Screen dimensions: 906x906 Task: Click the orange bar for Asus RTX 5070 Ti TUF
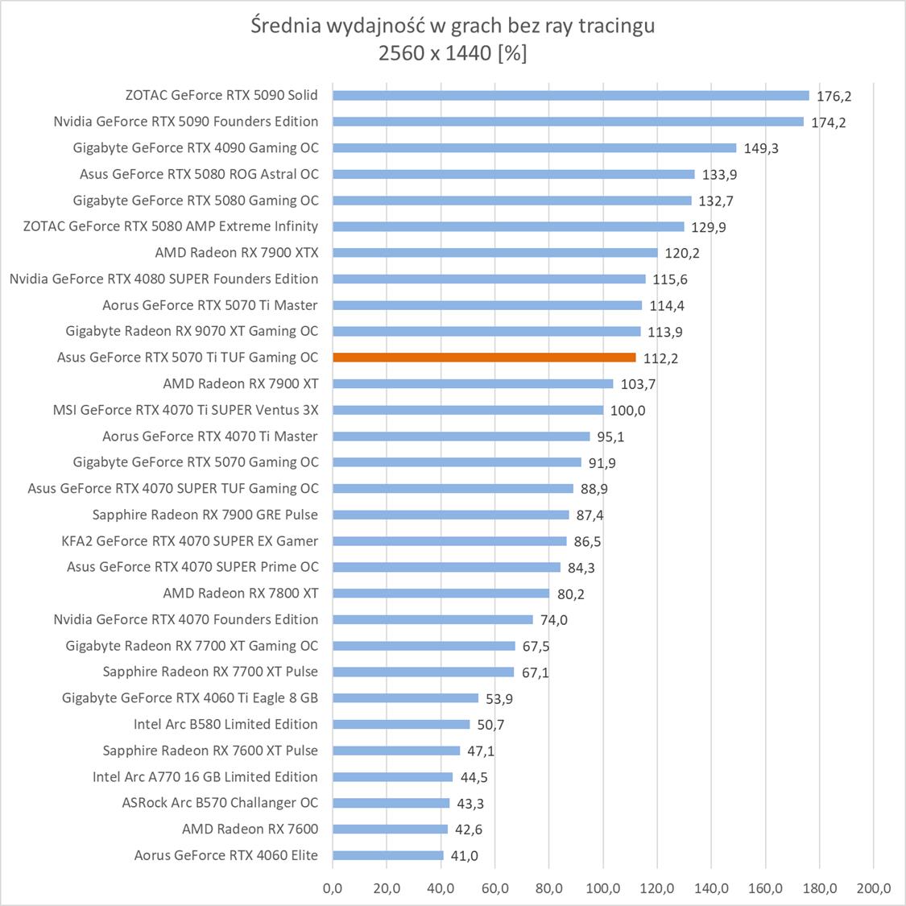(483, 358)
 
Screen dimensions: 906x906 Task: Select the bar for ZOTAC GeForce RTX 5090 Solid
(570, 95)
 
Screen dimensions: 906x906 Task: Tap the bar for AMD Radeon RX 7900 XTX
(494, 253)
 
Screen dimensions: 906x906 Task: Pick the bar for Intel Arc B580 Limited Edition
(400, 725)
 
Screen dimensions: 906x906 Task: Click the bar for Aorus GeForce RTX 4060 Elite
(387, 855)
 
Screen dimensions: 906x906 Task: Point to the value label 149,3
(761, 148)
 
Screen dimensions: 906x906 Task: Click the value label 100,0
(627, 411)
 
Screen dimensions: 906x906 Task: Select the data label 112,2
(660, 358)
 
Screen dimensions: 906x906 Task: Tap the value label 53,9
(499, 699)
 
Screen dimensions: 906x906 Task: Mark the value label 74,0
(553, 620)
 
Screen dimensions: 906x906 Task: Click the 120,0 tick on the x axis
(657, 888)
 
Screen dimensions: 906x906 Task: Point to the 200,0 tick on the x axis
(874, 888)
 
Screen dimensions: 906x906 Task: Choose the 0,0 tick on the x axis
(333, 888)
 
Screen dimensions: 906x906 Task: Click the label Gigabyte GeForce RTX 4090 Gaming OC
(196, 147)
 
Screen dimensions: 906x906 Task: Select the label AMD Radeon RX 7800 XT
(240, 593)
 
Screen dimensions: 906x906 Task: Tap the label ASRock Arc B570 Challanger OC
(220, 803)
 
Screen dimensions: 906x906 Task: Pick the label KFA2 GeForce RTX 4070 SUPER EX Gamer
(190, 540)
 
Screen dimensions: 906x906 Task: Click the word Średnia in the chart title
(285, 26)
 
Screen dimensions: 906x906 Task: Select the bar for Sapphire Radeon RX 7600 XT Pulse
(395, 751)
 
